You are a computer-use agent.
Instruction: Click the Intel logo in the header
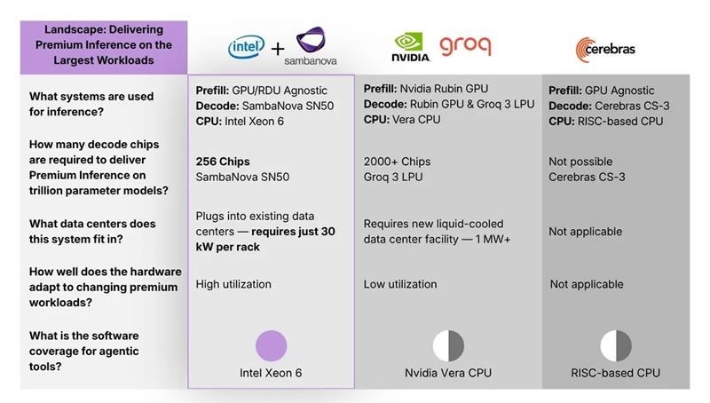point(245,47)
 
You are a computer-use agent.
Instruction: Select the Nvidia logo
point(411,46)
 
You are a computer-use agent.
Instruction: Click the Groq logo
point(465,45)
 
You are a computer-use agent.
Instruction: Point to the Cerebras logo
point(605,48)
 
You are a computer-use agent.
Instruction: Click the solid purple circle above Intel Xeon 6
point(272,345)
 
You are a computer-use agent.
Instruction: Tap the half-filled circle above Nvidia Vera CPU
point(448,345)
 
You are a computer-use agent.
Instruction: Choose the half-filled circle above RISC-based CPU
point(615,345)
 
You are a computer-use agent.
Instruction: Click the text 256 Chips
point(223,162)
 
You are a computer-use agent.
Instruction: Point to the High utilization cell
point(233,284)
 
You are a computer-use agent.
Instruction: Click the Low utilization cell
point(400,284)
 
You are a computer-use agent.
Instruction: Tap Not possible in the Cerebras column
point(580,162)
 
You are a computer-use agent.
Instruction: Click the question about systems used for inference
point(91,103)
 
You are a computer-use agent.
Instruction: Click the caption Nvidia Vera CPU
point(448,373)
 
